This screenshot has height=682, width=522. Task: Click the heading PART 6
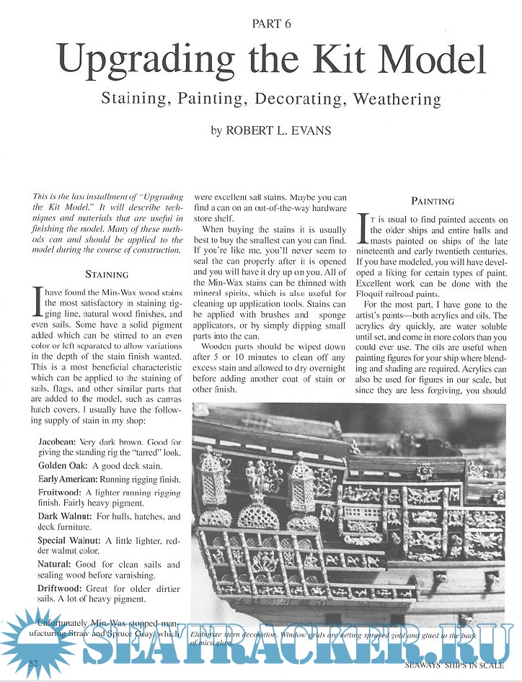click(271, 24)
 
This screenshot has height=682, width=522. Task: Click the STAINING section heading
click(107, 274)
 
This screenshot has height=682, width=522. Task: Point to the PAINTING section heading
click(433, 202)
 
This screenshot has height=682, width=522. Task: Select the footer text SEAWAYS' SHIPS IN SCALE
click(454, 663)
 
